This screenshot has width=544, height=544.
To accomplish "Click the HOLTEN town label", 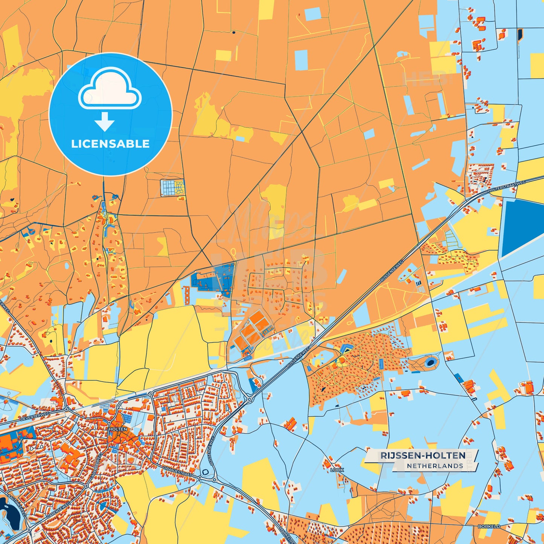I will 118,429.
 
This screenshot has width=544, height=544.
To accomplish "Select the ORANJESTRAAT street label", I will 177,471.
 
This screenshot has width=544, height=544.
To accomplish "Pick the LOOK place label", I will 337,470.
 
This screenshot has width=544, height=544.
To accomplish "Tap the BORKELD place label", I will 489,526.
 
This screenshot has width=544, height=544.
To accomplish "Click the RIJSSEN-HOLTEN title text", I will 423,456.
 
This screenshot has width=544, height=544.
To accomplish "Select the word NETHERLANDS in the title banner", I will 434,466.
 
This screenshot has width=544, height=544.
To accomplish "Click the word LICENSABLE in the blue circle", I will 110,144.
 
